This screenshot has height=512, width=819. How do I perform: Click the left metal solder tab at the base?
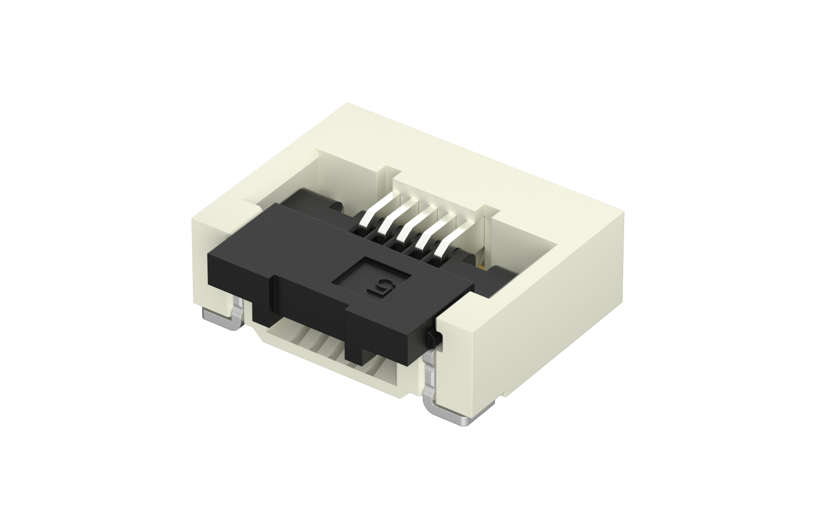(222, 320)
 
